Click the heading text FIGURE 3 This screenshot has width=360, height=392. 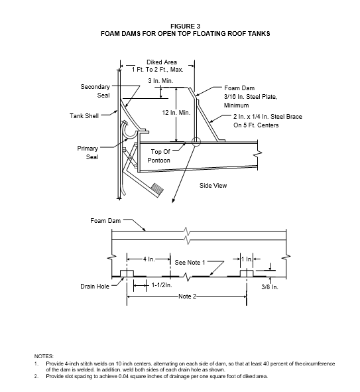[x=185, y=27]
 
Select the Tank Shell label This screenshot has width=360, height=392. [x=84, y=116]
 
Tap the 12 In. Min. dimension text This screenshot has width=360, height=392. [x=176, y=113]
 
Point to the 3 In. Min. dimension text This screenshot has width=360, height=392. [x=160, y=81]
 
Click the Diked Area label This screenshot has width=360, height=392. [x=162, y=62]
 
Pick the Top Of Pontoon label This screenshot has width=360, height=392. [x=159, y=156]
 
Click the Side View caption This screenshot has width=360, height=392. [x=213, y=186]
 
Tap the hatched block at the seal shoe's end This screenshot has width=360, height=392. [x=157, y=189]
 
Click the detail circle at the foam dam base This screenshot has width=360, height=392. [x=196, y=142]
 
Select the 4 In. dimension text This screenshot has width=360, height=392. [x=149, y=259]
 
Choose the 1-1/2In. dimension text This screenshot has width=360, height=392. [x=162, y=285]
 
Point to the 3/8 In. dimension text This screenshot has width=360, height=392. [x=270, y=287]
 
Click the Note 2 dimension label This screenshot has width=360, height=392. [x=187, y=296]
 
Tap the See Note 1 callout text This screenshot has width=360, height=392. [x=190, y=263]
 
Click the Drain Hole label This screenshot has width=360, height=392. [x=95, y=287]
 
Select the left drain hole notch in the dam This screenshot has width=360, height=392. [x=127, y=273]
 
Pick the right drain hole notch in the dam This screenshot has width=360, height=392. [x=247, y=273]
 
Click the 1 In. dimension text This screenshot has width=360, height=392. [x=247, y=259]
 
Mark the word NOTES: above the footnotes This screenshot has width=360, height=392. [x=44, y=356]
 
